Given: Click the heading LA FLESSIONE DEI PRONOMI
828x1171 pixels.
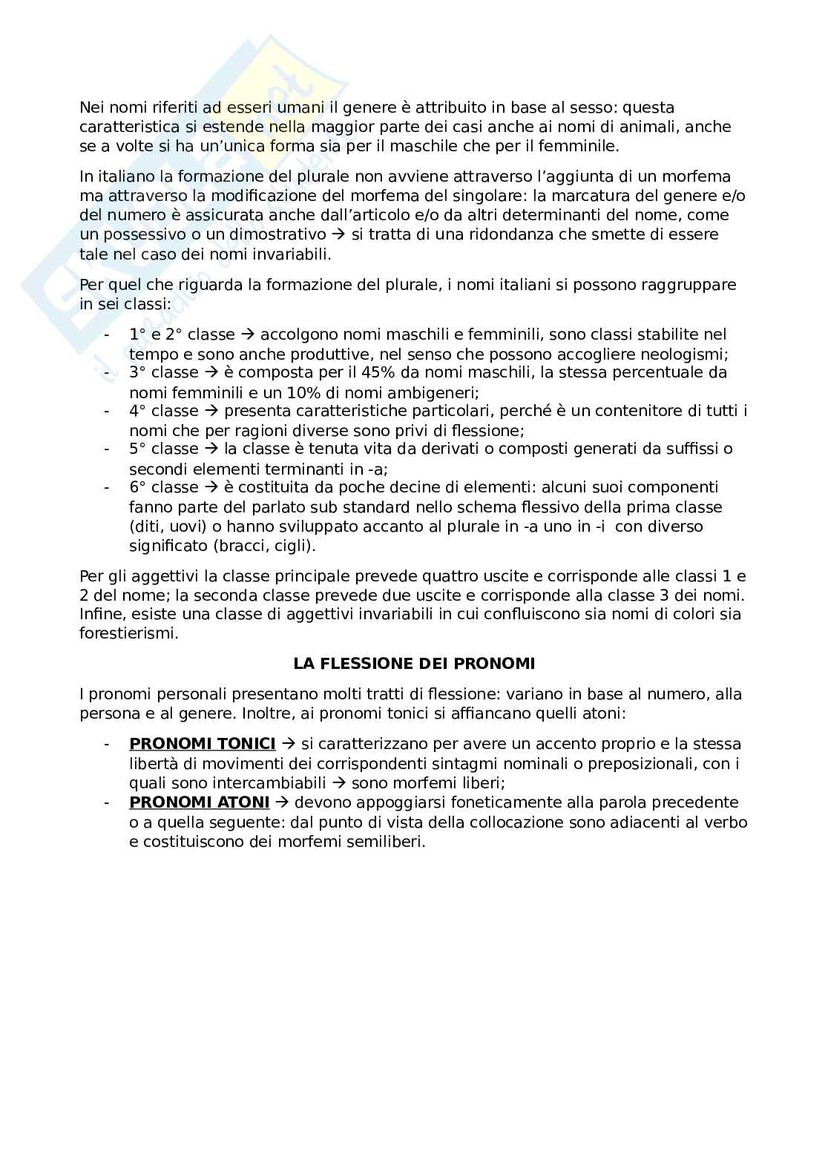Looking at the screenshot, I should coord(414,663).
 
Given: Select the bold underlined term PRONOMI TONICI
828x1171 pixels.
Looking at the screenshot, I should coord(202,744).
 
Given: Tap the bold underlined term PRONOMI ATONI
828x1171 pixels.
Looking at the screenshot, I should coord(199,802).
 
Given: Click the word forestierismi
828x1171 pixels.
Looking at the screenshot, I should coord(128,634).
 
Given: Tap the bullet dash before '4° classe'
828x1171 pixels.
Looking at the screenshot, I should coord(108,411).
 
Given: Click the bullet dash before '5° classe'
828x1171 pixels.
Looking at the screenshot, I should coord(108,449).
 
